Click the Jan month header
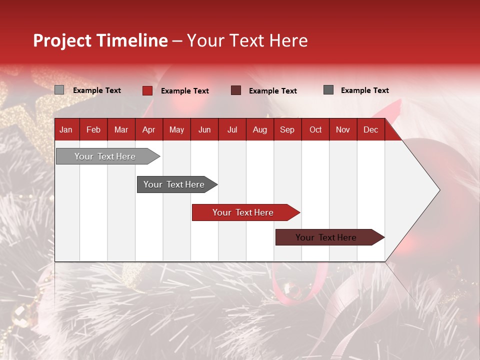(66, 129)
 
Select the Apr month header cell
(148, 129)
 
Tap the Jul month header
(232, 129)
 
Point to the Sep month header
(287, 129)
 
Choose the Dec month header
(370, 129)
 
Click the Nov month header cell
(342, 129)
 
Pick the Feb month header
(93, 129)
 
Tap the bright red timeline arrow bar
(243, 212)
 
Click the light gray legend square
(59, 90)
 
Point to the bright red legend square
(147, 90)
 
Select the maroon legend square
(236, 90)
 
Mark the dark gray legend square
(328, 90)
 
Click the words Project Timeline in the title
(100, 40)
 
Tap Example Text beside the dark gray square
(364, 90)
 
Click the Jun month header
(204, 129)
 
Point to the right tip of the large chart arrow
(438, 189)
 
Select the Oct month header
(315, 129)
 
